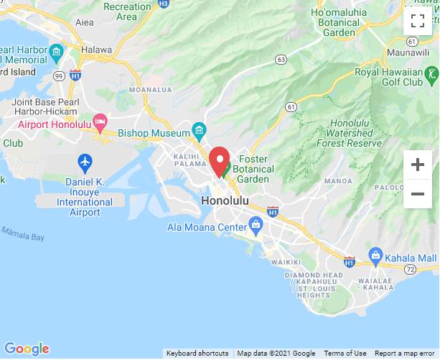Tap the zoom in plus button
point(417,165)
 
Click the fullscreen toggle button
point(417,21)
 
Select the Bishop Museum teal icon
point(199,131)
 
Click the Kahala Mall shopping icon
point(375,256)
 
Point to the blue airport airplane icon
point(85,162)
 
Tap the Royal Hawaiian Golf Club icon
point(431,73)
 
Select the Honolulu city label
point(225,200)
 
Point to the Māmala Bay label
point(22,234)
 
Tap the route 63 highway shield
point(281,60)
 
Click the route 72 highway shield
point(411,269)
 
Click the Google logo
point(27,349)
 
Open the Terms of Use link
point(345,354)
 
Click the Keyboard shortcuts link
point(197,354)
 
